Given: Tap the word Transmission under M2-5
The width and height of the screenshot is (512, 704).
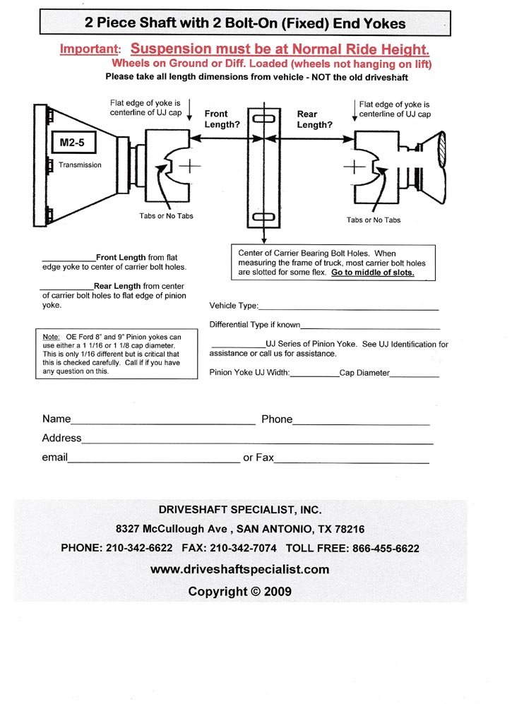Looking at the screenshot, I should (x=80, y=165).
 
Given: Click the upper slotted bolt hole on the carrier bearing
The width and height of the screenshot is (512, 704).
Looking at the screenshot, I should (x=263, y=119).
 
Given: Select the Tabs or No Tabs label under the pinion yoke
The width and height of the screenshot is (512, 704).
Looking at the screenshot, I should (x=373, y=220).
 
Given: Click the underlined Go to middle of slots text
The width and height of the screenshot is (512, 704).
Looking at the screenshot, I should (x=373, y=273).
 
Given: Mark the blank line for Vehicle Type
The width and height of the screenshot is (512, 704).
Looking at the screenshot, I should (x=349, y=309).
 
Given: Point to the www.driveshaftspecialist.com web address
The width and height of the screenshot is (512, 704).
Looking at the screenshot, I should (x=240, y=569).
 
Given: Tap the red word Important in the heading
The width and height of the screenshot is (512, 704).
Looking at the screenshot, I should (x=90, y=50).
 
